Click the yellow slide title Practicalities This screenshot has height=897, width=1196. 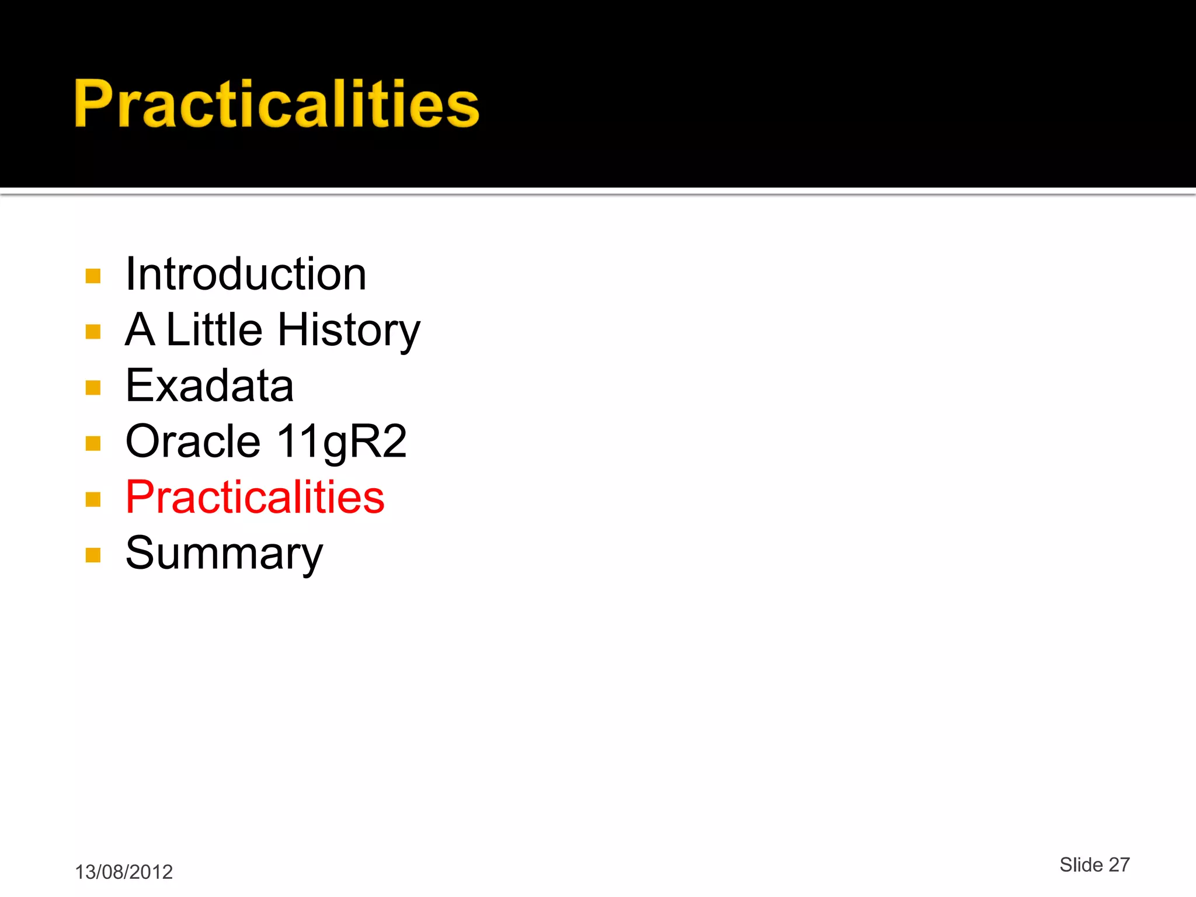coord(276,104)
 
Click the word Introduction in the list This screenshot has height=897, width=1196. coord(246,274)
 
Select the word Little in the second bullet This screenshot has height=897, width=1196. coord(214,329)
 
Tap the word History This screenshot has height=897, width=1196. coord(349,331)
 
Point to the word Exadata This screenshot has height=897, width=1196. coord(210,385)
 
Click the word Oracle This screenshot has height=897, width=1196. coord(193,441)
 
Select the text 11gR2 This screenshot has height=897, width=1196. coord(341,442)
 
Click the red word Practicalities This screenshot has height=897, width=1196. coord(255,497)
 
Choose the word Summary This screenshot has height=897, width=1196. coord(224,554)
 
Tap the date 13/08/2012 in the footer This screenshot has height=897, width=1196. coord(124,872)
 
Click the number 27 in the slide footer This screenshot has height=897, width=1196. coord(1119,864)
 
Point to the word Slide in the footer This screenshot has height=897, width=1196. coord(1081,864)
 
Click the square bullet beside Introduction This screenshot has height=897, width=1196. coord(93,276)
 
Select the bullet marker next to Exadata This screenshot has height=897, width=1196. coord(93,388)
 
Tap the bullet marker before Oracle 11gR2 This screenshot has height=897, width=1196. coord(93,444)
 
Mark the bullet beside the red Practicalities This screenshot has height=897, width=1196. coord(93,499)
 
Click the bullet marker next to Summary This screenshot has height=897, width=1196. coord(93,555)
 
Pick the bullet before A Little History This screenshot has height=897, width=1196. coord(93,332)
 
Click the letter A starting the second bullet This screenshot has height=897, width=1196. coord(140,329)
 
